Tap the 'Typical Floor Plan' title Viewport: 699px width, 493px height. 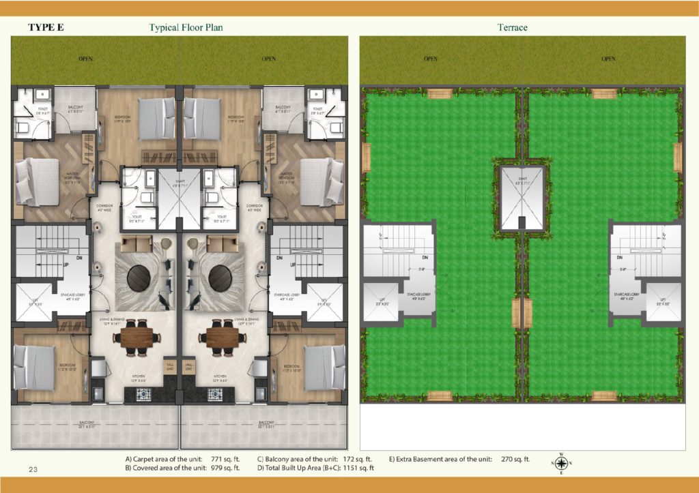pos(186,28)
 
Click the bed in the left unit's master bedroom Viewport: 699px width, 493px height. pos(38,181)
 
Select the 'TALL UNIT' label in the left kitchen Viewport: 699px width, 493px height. pos(170,365)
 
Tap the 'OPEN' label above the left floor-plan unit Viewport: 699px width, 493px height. pos(86,59)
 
